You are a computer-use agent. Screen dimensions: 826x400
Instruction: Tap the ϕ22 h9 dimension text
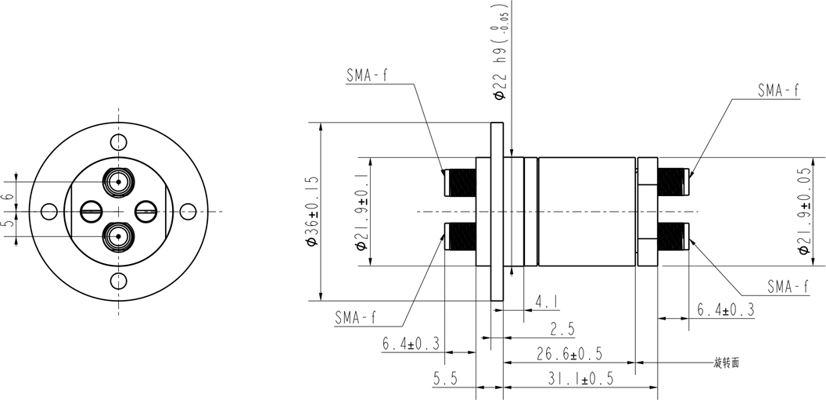(x=500, y=51)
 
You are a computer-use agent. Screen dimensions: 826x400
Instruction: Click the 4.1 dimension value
(x=547, y=302)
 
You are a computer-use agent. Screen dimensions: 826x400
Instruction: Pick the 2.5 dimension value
(x=562, y=330)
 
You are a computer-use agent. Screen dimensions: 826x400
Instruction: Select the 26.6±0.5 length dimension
(x=569, y=354)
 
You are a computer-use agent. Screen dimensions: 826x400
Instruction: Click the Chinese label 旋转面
(x=727, y=362)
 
